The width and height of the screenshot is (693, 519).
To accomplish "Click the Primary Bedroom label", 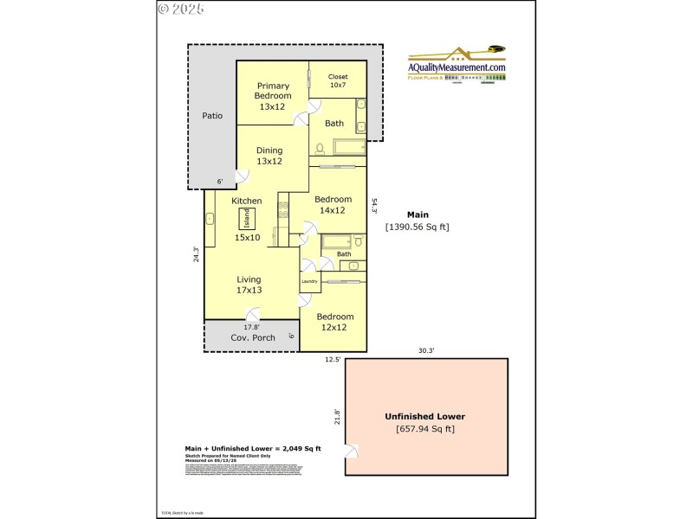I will point(273,96).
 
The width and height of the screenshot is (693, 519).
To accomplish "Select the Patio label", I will point(212,115).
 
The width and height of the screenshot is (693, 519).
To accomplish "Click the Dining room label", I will point(269,156).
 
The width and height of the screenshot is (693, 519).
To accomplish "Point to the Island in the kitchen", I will point(247,217).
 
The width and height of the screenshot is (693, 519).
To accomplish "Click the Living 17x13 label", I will point(249,285).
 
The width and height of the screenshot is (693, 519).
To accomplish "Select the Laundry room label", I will point(309,282).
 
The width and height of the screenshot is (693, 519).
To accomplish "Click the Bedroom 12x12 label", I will point(334,323).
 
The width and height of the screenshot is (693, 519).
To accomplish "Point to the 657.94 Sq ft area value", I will point(425,429).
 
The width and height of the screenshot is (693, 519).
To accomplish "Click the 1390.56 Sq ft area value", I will point(418,227).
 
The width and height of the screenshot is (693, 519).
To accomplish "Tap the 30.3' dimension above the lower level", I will point(426,350).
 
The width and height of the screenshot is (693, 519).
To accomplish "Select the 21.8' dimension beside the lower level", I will point(338,417).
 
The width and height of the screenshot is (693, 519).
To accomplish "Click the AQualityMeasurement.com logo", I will point(457,65).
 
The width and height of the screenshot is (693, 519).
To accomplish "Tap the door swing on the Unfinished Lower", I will point(352,453).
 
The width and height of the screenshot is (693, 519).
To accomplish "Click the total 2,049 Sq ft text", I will point(253,448).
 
